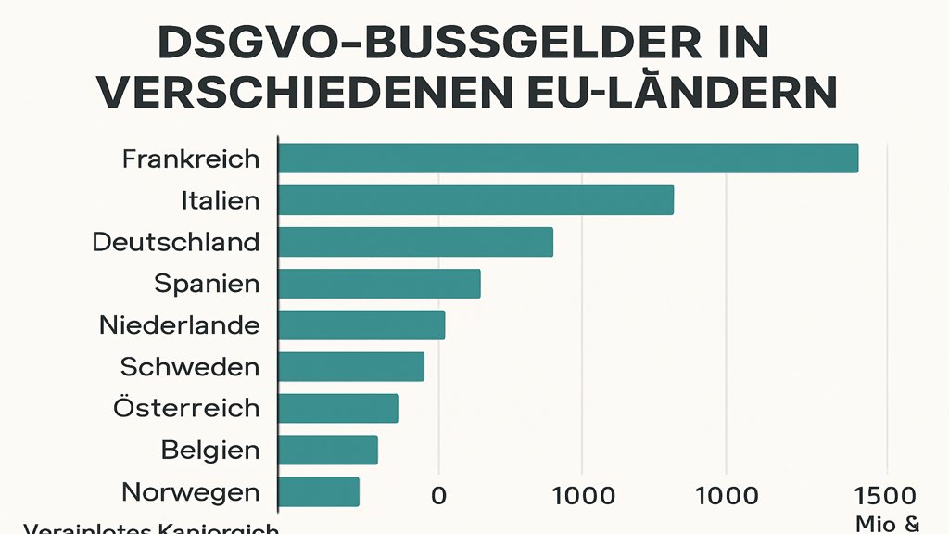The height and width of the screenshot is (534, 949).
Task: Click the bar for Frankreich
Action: click(568, 159)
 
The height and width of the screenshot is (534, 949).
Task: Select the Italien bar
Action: click(475, 200)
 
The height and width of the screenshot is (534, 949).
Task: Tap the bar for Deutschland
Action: click(415, 242)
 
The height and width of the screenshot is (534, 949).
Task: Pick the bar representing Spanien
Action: click(379, 284)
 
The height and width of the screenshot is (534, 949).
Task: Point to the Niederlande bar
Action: click(361, 325)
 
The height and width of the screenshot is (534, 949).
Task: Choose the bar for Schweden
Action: click(351, 367)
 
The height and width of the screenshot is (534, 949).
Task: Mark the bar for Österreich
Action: click(338, 409)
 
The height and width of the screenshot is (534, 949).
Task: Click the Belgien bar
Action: click(328, 451)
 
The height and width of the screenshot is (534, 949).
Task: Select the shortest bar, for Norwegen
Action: click(319, 492)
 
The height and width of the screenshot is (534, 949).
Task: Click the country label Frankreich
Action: click(191, 159)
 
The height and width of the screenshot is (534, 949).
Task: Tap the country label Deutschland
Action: click(176, 242)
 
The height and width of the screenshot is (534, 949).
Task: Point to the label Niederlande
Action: click(179, 325)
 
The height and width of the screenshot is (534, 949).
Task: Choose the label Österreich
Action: click(186, 408)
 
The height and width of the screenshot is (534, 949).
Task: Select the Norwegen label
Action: click(190, 492)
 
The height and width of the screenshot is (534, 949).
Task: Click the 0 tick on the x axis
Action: click(438, 496)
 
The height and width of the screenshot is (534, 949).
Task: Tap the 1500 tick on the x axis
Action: click(888, 496)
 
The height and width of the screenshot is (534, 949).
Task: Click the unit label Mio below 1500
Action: click(875, 524)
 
